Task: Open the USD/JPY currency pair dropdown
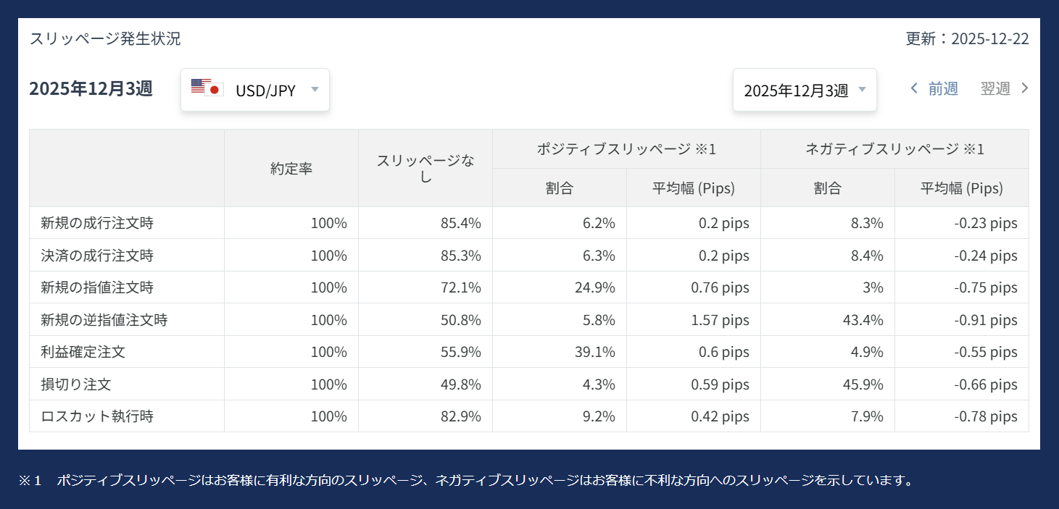[x=255, y=90]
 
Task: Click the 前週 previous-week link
[x=934, y=88]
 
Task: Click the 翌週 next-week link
[x=1004, y=88]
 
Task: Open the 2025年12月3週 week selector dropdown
[x=805, y=91]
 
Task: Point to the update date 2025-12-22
[x=989, y=39]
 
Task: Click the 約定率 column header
[x=291, y=168]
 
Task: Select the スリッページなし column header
[x=425, y=168]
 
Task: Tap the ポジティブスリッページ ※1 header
[x=626, y=149]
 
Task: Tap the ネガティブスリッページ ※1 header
[x=894, y=149]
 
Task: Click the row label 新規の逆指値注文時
[x=104, y=319]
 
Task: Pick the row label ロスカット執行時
[x=97, y=416]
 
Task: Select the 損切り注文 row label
[x=76, y=384]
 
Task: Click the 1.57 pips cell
[x=720, y=319]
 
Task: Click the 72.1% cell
[x=461, y=287]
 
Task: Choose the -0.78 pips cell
[x=986, y=416]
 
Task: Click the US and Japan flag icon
[x=207, y=88]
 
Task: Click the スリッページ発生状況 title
[x=105, y=39]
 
